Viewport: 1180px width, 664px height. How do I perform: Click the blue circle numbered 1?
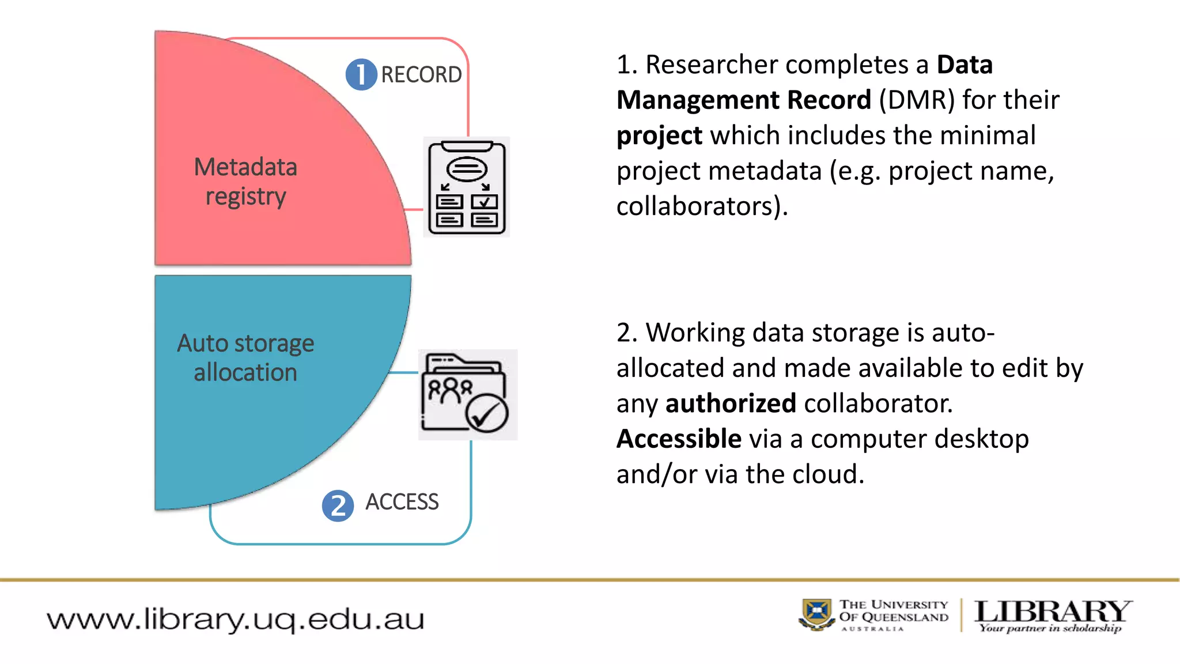pos(361,74)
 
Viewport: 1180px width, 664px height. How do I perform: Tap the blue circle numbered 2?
pos(338,505)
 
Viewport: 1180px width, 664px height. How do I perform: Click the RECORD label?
pos(421,74)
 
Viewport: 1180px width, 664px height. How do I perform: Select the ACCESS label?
pos(402,501)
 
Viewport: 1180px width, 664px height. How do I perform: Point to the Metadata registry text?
pos(245,182)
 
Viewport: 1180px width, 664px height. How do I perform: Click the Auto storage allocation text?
pos(245,357)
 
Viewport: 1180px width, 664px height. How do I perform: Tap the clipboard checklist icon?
pos(467,187)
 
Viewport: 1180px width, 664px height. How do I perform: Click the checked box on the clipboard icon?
pos(484,202)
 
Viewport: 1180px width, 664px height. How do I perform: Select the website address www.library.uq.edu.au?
pos(235,619)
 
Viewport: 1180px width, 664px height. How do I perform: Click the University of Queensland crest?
pos(817,614)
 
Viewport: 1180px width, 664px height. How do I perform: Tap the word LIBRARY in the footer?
pos(1053,611)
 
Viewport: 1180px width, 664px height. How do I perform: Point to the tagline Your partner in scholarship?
pos(1050,628)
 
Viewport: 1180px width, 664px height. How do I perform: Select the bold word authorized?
pos(731,403)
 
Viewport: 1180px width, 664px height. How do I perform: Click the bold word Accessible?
pos(679,439)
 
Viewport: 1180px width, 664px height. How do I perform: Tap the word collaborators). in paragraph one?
pos(702,206)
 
